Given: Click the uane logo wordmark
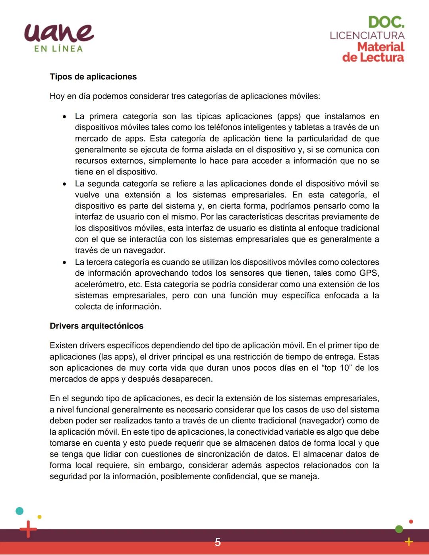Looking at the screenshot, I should [x=59, y=33].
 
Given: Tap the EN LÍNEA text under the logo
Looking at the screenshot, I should [x=58, y=49].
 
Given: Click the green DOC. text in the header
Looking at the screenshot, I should [x=386, y=22].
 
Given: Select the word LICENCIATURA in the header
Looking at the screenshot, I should [x=367, y=35].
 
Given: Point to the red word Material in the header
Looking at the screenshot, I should [x=380, y=47].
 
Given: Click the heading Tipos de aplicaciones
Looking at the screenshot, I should [x=93, y=77].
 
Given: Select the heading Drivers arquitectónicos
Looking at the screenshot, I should [x=96, y=326].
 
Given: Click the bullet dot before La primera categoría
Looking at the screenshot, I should [x=64, y=117].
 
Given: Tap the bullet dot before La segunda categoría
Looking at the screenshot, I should [x=64, y=184].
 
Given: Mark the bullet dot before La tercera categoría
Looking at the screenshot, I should [x=64, y=263].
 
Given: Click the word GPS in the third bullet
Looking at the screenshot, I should [x=368, y=273].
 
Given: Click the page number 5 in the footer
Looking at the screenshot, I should [x=218, y=542].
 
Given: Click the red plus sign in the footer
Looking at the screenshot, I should [x=28, y=529].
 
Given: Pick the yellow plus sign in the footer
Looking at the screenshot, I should [x=408, y=541].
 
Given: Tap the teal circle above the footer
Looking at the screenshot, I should [x=19, y=511].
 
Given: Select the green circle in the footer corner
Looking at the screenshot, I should [x=399, y=529].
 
